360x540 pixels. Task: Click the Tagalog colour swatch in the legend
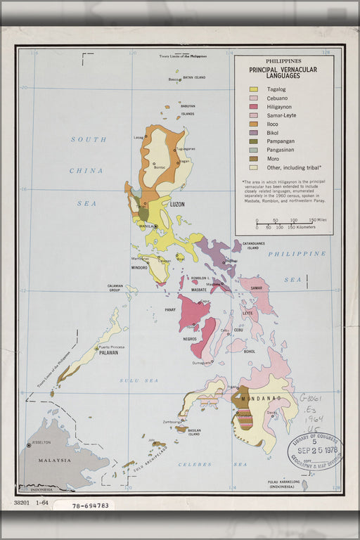coord(253,89)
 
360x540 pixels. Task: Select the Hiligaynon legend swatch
coord(253,107)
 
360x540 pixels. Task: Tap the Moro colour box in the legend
coord(253,159)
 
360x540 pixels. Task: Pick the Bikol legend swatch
coord(253,133)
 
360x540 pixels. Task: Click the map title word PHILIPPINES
coord(283,61)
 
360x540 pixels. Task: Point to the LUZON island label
coord(178,204)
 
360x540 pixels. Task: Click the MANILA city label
coord(146,226)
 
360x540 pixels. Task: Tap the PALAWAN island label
coord(108,353)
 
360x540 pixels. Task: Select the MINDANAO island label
coord(261,398)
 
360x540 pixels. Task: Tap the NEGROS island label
coord(190,339)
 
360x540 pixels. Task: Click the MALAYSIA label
coord(54,461)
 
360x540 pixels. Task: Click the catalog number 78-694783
coord(84,505)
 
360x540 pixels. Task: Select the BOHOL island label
coord(249,351)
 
